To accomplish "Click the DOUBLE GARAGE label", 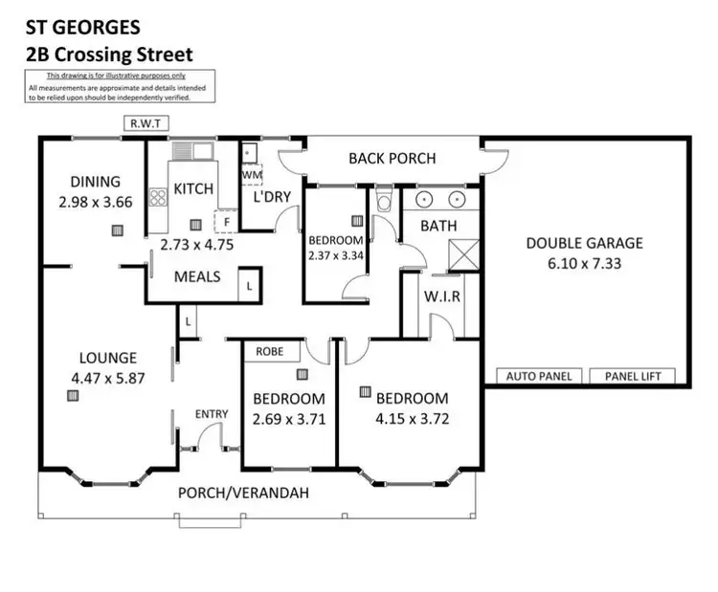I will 584,243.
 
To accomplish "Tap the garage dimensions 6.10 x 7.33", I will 584,262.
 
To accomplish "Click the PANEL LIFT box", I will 632,376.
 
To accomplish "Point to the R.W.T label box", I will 145,122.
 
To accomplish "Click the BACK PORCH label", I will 392,158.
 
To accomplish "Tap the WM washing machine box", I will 251,176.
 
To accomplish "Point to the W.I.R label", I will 442,296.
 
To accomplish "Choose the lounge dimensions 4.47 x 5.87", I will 107,378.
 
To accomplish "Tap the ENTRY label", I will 212,413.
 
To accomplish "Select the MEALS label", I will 197,276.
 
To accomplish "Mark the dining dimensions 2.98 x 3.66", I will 94,202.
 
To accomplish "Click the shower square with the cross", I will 463,255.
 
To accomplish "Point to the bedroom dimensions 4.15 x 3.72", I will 411,417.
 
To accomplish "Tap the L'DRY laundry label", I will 271,196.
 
